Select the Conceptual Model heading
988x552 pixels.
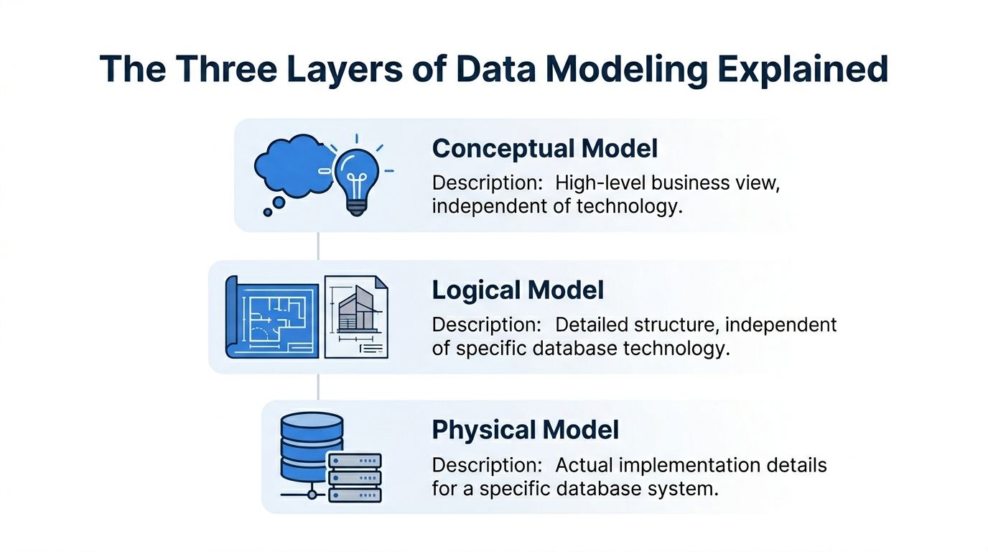pos(545,149)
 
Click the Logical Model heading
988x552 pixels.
pos(518,290)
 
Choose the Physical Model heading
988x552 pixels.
pos(525,430)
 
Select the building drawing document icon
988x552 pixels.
pos(356,317)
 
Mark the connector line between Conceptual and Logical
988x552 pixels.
pos(318,246)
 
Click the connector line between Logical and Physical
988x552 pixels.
pos(318,387)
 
